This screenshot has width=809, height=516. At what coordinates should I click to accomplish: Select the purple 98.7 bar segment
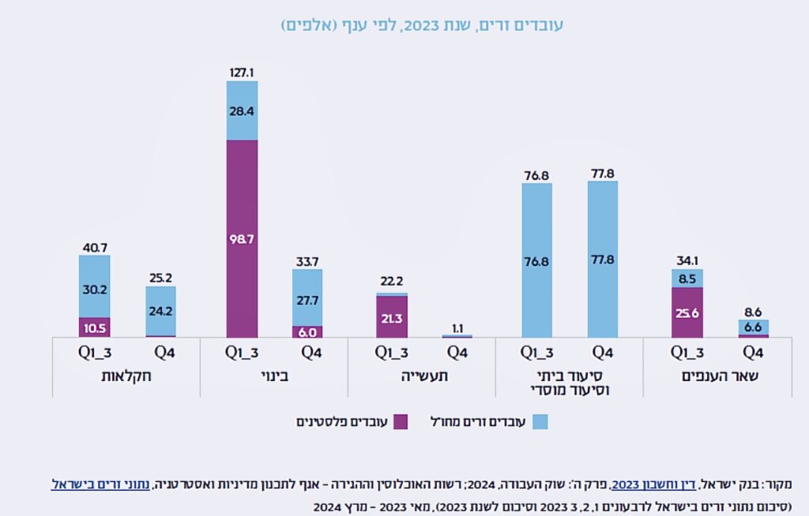tap(242, 238)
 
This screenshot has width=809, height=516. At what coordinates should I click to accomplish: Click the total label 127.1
tap(242, 73)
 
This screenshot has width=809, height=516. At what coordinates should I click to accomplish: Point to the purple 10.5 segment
tap(94, 327)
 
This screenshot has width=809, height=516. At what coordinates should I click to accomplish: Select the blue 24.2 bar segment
tap(160, 310)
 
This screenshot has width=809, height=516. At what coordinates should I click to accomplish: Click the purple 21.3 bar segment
tap(392, 316)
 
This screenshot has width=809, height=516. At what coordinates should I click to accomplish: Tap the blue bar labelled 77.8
tap(603, 259)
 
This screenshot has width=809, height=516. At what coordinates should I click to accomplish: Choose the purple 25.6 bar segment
tap(687, 312)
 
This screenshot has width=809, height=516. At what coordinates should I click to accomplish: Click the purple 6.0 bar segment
tap(307, 332)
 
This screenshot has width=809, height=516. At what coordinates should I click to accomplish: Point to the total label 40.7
tap(94, 247)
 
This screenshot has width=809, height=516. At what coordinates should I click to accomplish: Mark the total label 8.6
tap(753, 312)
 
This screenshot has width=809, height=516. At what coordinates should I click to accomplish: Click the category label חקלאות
tap(127, 376)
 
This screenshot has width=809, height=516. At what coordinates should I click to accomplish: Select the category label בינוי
tap(274, 376)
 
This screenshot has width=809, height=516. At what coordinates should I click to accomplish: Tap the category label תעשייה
tap(422, 376)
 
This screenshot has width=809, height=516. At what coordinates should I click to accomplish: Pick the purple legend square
tap(400, 422)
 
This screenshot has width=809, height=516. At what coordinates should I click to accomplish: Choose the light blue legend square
tap(540, 422)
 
